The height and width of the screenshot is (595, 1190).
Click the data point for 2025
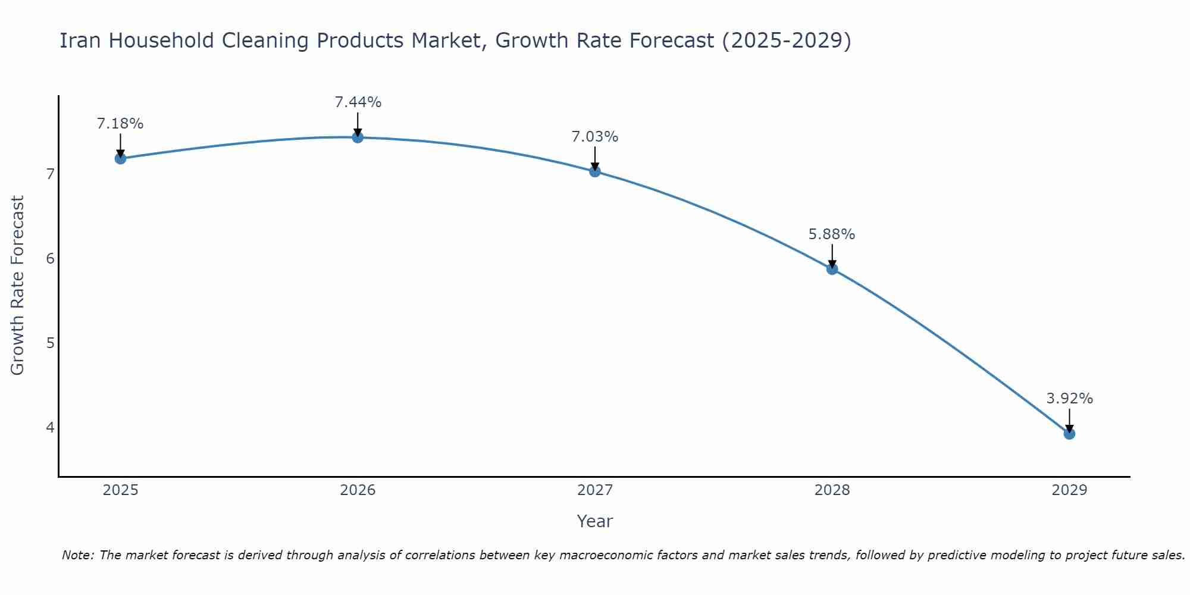point(120,158)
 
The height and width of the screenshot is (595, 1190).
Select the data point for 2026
point(358,137)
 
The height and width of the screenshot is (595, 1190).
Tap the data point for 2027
point(595,171)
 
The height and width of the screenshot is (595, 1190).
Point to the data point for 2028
point(832,269)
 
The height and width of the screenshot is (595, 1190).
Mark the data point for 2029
point(1069,434)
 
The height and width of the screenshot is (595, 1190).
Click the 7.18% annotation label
point(120,124)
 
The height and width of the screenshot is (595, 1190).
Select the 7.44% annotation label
point(358,102)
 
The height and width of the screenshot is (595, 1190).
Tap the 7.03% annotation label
point(595,137)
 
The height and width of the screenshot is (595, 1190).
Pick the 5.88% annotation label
point(832,234)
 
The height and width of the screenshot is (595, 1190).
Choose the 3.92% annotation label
point(1069,399)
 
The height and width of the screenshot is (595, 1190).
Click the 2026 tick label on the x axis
point(358,490)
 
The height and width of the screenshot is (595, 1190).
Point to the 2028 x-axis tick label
point(832,490)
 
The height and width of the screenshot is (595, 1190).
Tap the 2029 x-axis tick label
point(1069,490)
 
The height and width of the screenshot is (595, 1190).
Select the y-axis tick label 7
point(50,174)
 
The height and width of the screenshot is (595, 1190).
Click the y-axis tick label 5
point(50,343)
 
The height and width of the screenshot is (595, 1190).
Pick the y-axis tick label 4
point(50,428)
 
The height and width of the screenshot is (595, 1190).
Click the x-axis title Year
point(595,521)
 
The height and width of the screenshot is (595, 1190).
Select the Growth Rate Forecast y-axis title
point(18,286)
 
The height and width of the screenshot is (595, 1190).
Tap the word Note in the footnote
point(77,555)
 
